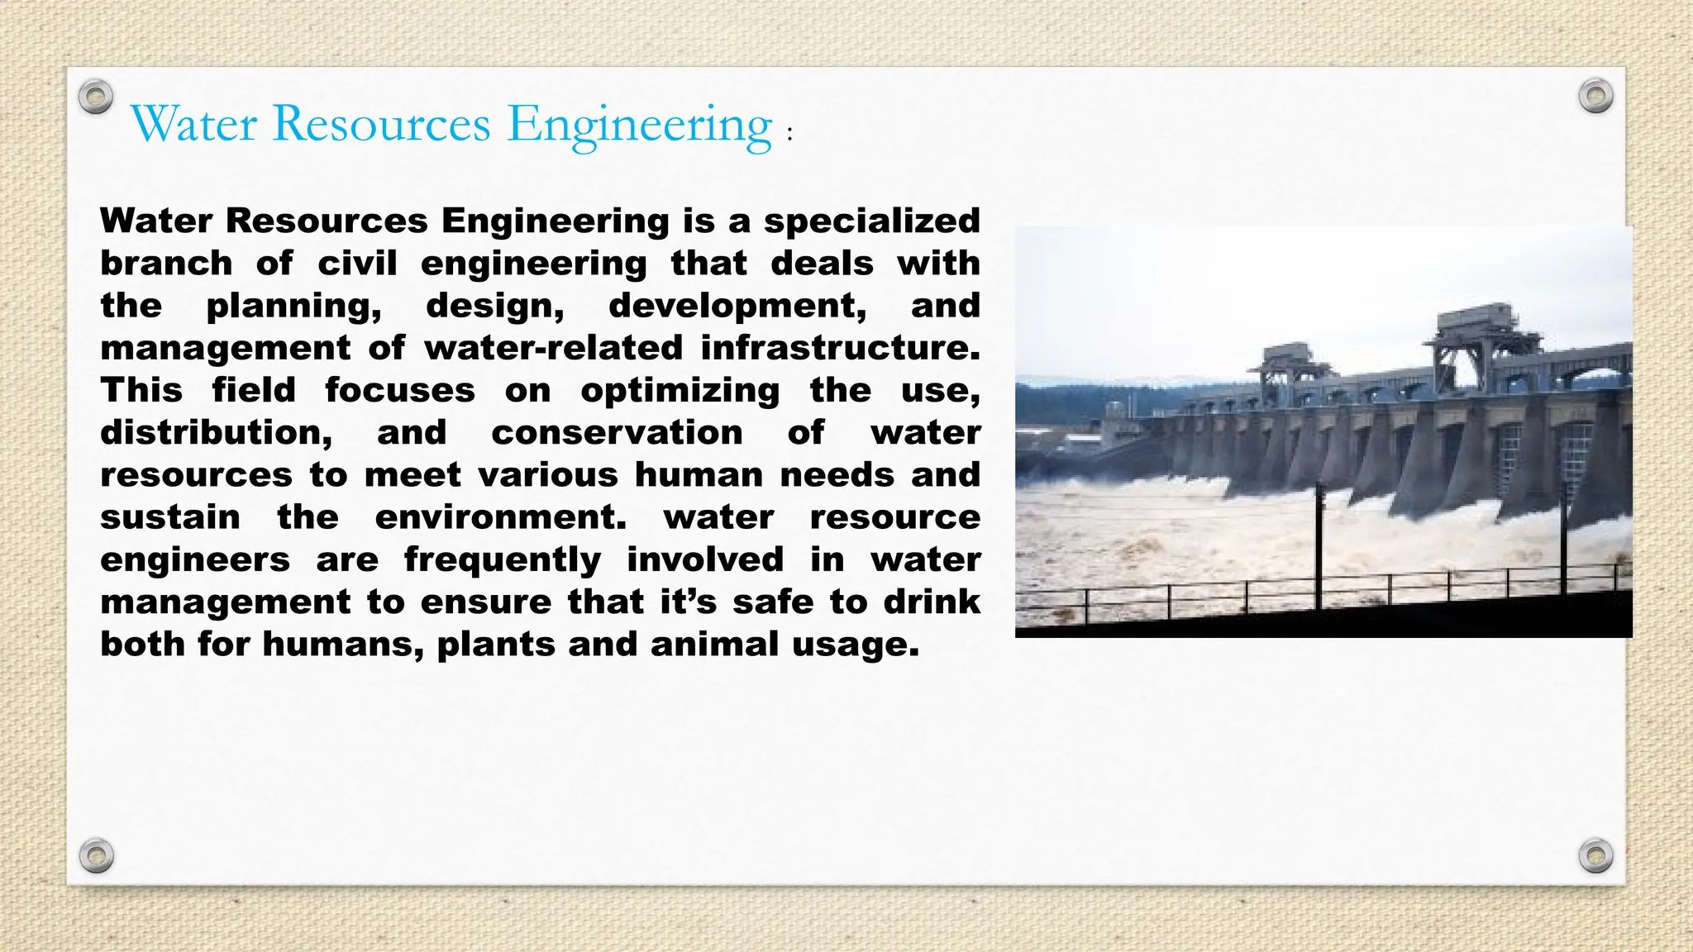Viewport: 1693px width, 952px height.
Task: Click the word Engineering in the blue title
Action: coord(639,126)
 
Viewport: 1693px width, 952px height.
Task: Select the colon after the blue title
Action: coord(790,135)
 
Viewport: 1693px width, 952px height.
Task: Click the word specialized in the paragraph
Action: coord(871,221)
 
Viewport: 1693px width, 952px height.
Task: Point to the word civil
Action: coord(357,264)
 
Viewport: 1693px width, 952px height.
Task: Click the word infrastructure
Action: coord(839,348)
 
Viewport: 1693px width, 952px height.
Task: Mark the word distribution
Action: coord(216,432)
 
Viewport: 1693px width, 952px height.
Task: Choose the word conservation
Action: coord(617,432)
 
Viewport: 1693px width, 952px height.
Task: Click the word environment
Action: coord(500,517)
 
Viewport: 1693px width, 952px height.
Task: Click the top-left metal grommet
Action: coord(96,97)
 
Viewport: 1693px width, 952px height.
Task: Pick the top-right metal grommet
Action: coord(1595,97)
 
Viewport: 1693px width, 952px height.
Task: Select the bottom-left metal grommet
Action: coord(96,855)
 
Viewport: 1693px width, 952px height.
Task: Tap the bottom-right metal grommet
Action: coord(1595,855)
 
